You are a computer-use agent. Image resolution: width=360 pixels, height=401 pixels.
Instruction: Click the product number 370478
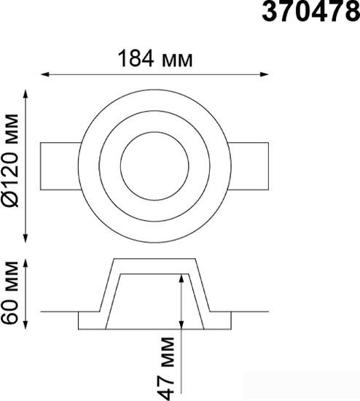click(311, 11)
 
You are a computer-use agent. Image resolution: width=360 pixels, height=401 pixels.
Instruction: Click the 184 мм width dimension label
click(155, 58)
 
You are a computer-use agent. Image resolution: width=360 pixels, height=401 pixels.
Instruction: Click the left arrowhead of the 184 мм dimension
click(44, 74)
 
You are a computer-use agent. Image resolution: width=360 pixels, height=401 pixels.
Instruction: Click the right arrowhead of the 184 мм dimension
click(265, 74)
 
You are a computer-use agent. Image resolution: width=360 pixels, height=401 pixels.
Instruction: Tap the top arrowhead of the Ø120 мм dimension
click(26, 94)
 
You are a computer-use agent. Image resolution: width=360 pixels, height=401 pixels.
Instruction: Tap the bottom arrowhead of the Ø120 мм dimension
click(26, 238)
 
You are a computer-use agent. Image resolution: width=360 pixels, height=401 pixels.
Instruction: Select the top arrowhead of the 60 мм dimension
click(26, 263)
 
